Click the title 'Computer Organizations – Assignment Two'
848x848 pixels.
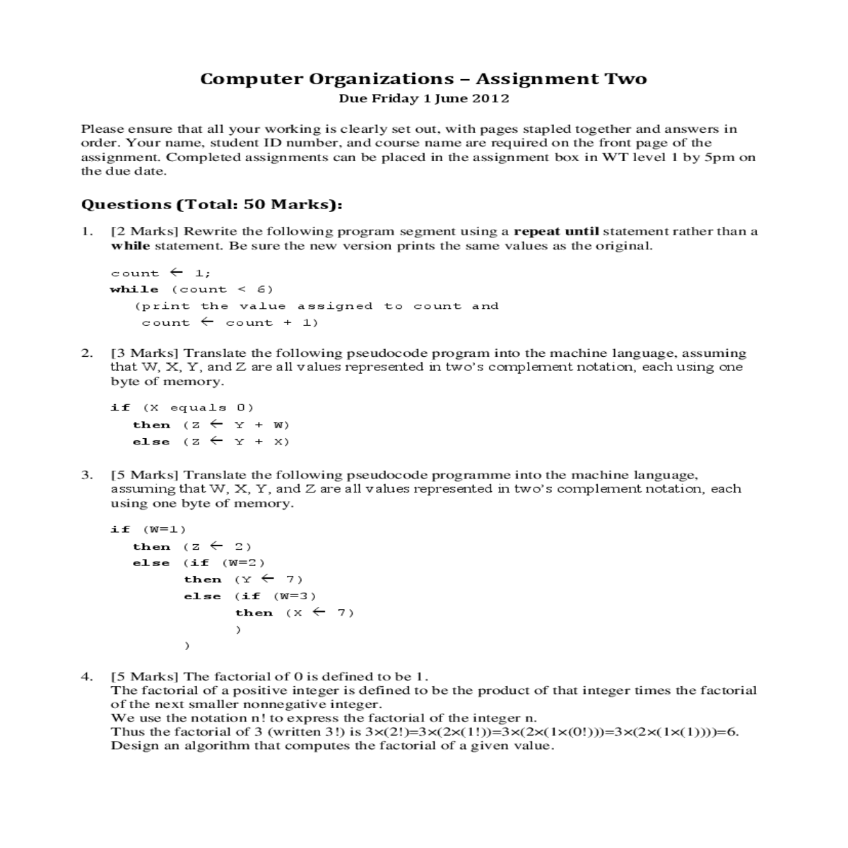(x=423, y=78)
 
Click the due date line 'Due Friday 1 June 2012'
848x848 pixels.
(x=423, y=98)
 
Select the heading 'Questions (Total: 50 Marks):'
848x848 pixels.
(x=212, y=205)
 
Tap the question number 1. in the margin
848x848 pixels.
(x=86, y=231)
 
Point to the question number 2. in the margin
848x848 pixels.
(x=86, y=353)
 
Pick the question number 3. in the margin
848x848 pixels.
(x=86, y=475)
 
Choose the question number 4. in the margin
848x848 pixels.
(x=86, y=676)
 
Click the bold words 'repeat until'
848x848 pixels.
(x=556, y=231)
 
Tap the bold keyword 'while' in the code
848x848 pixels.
(x=134, y=289)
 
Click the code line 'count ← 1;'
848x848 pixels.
(x=160, y=273)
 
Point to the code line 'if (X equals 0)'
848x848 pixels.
(x=182, y=407)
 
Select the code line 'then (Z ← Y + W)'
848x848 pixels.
(x=211, y=425)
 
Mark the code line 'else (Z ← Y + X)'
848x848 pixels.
(x=211, y=442)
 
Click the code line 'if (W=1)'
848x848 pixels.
(x=148, y=529)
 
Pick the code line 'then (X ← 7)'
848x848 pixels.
(x=294, y=613)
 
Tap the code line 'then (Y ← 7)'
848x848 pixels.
(x=243, y=579)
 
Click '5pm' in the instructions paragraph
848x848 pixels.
(x=715, y=157)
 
